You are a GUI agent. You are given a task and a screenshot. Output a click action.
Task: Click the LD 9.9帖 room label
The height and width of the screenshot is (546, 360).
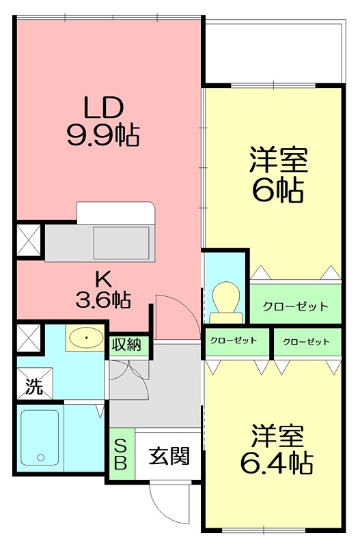pos(102,121)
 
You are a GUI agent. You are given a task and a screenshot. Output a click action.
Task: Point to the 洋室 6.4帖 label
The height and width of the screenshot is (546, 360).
pos(276,450)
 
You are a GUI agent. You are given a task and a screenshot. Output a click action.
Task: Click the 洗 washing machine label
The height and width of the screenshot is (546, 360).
pos(33,387)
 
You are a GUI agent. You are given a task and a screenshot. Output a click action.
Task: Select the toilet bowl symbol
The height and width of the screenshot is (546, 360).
pos(226,300)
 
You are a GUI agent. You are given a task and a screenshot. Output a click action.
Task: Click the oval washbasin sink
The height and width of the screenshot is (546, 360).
pos(85,337)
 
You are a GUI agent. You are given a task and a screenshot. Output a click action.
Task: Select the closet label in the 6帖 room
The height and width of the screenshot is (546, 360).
pos(295,306)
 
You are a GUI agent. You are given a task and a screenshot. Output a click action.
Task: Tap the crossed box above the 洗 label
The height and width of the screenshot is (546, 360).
pos(29,337)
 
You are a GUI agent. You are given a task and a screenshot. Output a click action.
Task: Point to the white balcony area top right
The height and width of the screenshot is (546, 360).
pos(273,51)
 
